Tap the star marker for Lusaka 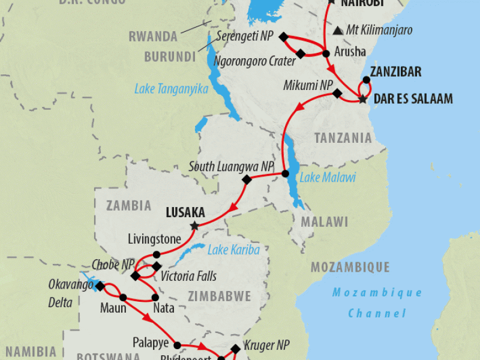tap(194, 226)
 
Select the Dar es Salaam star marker tap(363, 100)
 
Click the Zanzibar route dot tap(366, 80)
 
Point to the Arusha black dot tap(326, 53)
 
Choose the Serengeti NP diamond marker tap(283, 37)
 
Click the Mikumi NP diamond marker tap(337, 94)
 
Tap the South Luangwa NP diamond tap(246, 179)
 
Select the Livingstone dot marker tap(156, 254)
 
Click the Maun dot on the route tap(123, 297)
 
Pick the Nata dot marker tap(156, 297)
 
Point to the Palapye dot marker tap(178, 345)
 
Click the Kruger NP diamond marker tap(235, 347)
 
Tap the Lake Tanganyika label tap(172, 89)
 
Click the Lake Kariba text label tap(233, 250)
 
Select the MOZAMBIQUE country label tap(350, 268)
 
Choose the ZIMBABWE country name tap(219, 296)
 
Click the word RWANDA tap(153, 36)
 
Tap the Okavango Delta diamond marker tap(100, 287)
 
